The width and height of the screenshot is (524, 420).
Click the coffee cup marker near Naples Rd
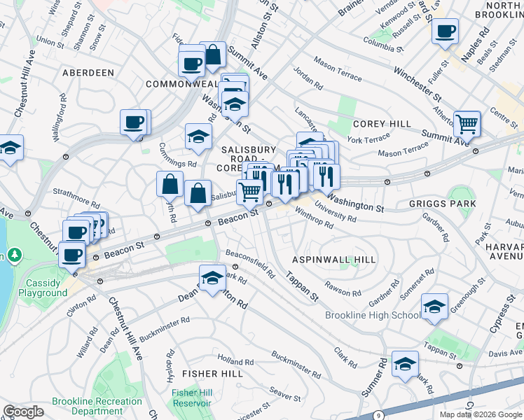coord(446,31)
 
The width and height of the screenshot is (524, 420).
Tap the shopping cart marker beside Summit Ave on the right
coord(467,125)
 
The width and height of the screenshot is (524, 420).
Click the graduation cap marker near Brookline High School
coord(434,307)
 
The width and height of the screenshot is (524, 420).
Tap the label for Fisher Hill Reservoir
coord(192,398)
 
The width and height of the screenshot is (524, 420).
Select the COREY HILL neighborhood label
coord(382,124)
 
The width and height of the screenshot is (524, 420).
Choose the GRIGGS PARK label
coord(443,204)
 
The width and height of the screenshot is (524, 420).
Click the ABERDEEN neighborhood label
coord(88,73)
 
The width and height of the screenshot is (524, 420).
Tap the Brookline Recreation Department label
coord(97,406)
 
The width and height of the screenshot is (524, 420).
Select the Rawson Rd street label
coord(343,289)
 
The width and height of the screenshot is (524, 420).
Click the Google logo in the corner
coord(23,412)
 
